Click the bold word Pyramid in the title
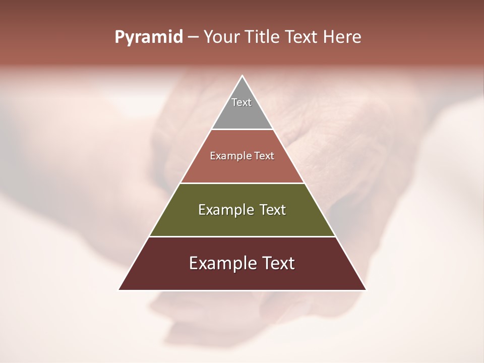tap(149, 37)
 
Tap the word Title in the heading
tap(263, 37)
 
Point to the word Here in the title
tap(342, 37)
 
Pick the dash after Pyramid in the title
tap(193, 37)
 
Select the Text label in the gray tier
tap(241, 102)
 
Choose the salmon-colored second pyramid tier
tap(242, 169)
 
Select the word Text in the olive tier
tap(273, 210)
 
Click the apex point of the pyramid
tap(243, 77)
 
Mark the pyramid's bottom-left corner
tap(119, 289)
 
